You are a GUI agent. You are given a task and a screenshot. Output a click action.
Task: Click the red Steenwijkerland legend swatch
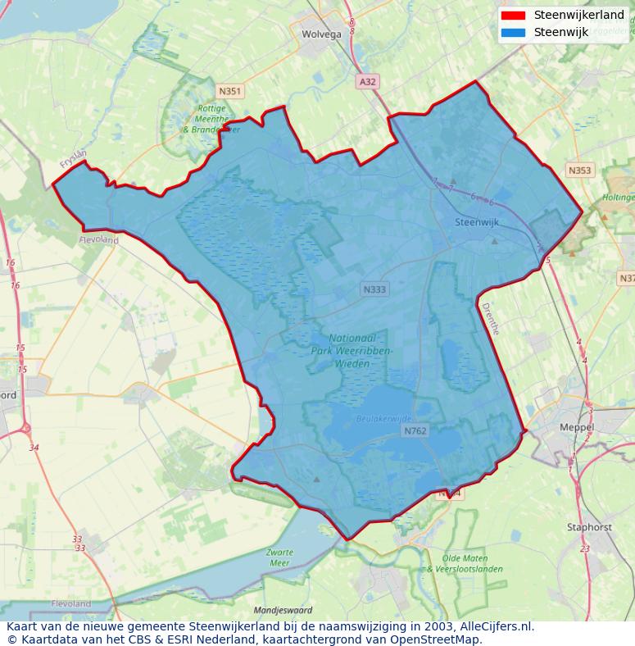tap(513, 16)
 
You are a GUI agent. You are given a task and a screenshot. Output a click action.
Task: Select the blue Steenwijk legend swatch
tap(513, 33)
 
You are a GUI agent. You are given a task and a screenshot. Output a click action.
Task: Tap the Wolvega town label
tap(321, 34)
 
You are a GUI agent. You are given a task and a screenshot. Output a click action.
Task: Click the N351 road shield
tap(230, 91)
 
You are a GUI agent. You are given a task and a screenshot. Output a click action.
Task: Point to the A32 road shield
tap(368, 81)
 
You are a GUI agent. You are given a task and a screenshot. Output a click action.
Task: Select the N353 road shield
tap(578, 171)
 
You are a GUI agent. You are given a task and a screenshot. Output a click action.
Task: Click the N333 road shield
tap(374, 289)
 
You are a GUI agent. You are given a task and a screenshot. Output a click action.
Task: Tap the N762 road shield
tap(415, 430)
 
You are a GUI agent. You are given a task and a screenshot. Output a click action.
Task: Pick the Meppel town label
tap(577, 428)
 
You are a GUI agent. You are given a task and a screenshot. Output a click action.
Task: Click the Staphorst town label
tap(589, 527)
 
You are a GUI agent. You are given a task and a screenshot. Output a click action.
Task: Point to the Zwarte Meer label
tap(279, 557)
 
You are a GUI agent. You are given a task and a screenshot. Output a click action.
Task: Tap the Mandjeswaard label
tap(283, 611)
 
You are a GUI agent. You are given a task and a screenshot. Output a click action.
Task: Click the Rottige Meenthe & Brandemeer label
tap(211, 119)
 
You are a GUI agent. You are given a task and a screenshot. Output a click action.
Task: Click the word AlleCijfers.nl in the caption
tap(497, 627)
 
